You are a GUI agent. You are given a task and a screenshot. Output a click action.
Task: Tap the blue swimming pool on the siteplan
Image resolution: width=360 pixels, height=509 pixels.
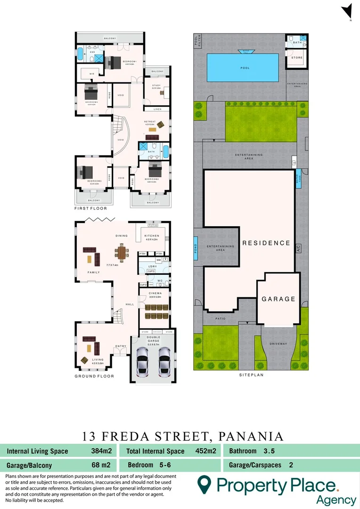(x=245, y=68)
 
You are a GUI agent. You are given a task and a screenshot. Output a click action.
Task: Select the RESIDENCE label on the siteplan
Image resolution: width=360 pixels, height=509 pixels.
(x=266, y=243)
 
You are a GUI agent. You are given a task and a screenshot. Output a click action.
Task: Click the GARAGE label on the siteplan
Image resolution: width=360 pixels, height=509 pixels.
(x=278, y=299)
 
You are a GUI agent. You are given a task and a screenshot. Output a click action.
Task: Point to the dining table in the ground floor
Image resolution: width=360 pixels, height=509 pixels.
(x=123, y=253)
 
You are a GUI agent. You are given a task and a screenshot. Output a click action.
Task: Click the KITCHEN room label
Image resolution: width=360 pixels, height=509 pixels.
(x=152, y=236)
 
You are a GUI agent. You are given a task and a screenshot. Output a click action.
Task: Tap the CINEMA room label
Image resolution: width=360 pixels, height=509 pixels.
(x=155, y=293)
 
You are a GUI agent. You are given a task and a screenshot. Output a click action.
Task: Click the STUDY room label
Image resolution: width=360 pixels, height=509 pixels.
(x=156, y=85)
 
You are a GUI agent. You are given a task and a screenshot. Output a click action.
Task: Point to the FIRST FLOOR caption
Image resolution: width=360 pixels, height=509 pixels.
(x=91, y=208)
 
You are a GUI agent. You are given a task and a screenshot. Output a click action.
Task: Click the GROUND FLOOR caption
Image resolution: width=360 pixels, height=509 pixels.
(x=94, y=376)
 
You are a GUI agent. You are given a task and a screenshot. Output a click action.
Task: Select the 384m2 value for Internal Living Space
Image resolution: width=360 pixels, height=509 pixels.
(x=101, y=451)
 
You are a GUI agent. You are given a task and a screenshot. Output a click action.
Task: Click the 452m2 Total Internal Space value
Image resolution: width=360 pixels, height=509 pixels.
(x=205, y=451)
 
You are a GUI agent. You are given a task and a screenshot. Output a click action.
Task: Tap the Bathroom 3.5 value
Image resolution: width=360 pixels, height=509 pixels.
(x=269, y=451)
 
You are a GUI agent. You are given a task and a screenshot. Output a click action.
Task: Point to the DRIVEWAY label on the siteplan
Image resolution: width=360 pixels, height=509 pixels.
(x=278, y=344)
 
